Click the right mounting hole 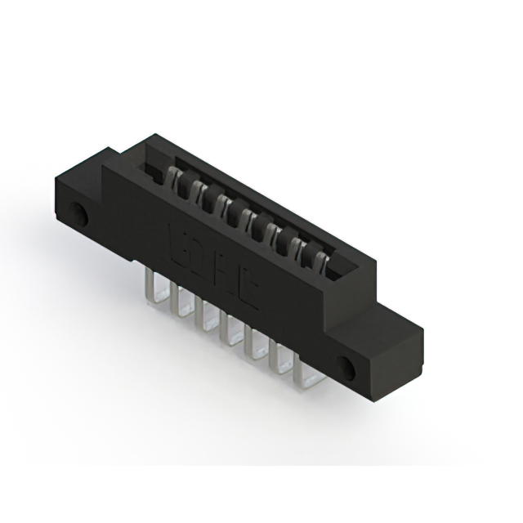[348, 368]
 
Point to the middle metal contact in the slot [241, 214]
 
